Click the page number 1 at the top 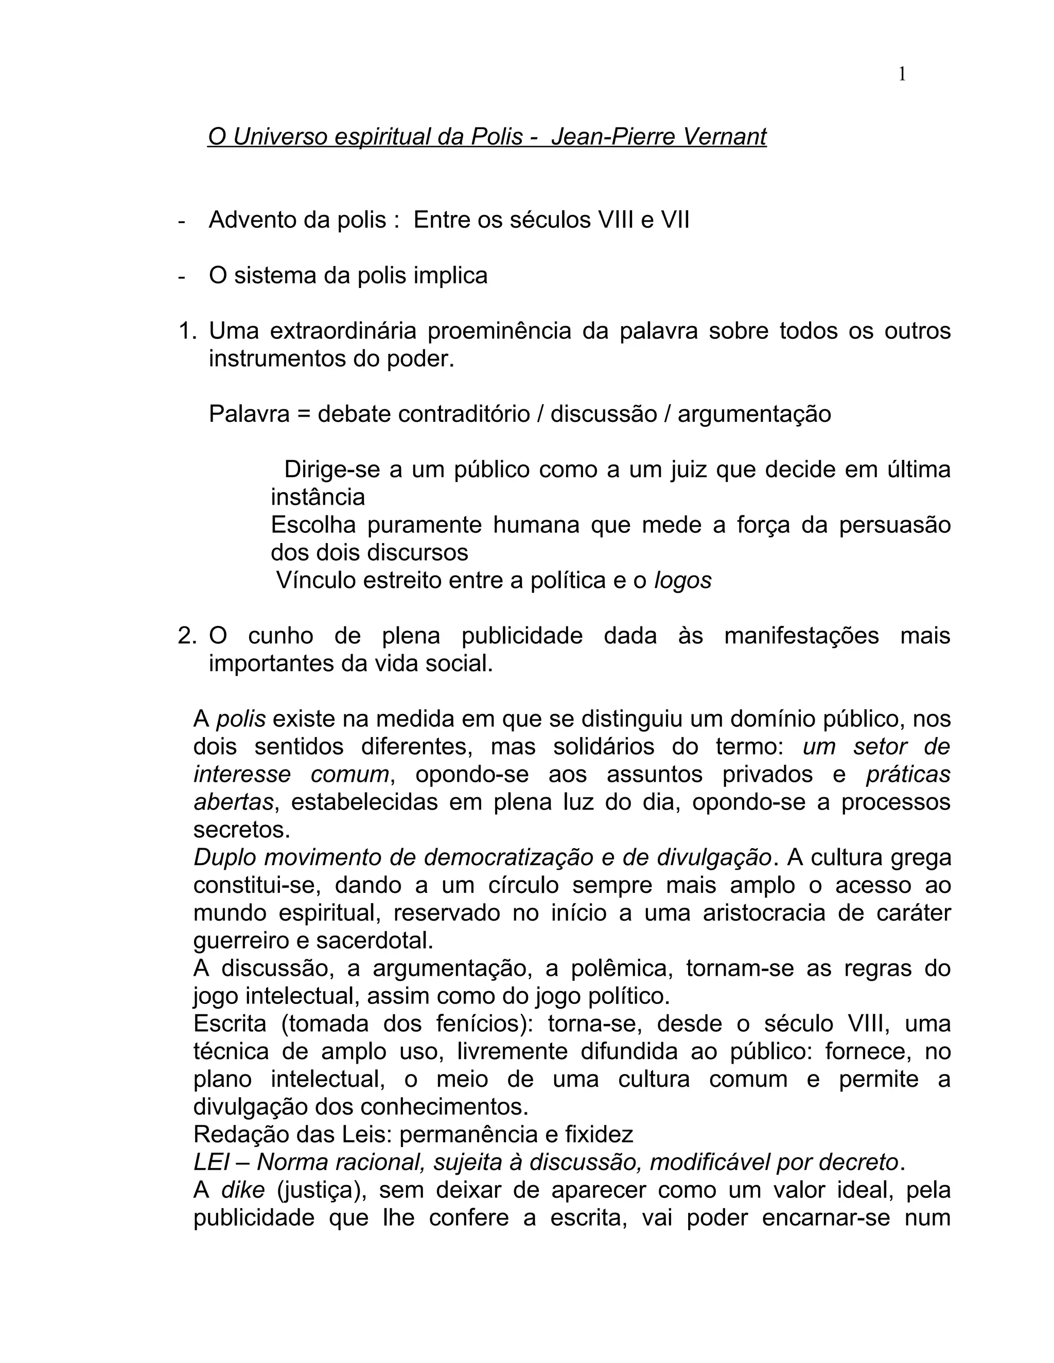902,75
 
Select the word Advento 248,220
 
